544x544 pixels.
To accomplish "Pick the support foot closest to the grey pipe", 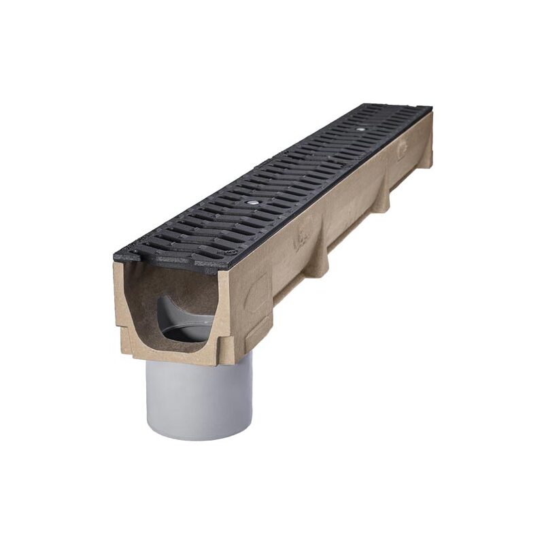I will point(316,262).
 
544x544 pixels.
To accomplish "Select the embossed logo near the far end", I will point(403,148).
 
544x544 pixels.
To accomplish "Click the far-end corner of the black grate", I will point(428,109).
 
